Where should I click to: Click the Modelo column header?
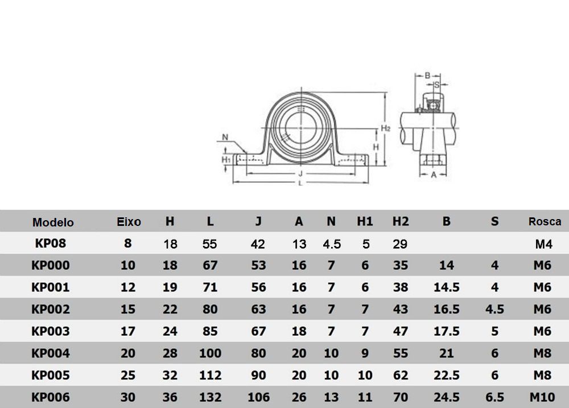(x=53, y=222)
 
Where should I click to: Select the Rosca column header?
(x=545, y=221)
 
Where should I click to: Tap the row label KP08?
(x=51, y=243)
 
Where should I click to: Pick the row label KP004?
(x=51, y=353)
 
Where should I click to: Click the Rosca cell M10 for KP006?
(x=542, y=397)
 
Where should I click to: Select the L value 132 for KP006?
(x=210, y=397)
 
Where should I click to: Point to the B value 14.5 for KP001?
(x=446, y=287)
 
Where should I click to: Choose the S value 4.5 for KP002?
(x=494, y=309)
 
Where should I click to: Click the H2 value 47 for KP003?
(x=400, y=331)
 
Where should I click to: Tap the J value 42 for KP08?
(x=258, y=244)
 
